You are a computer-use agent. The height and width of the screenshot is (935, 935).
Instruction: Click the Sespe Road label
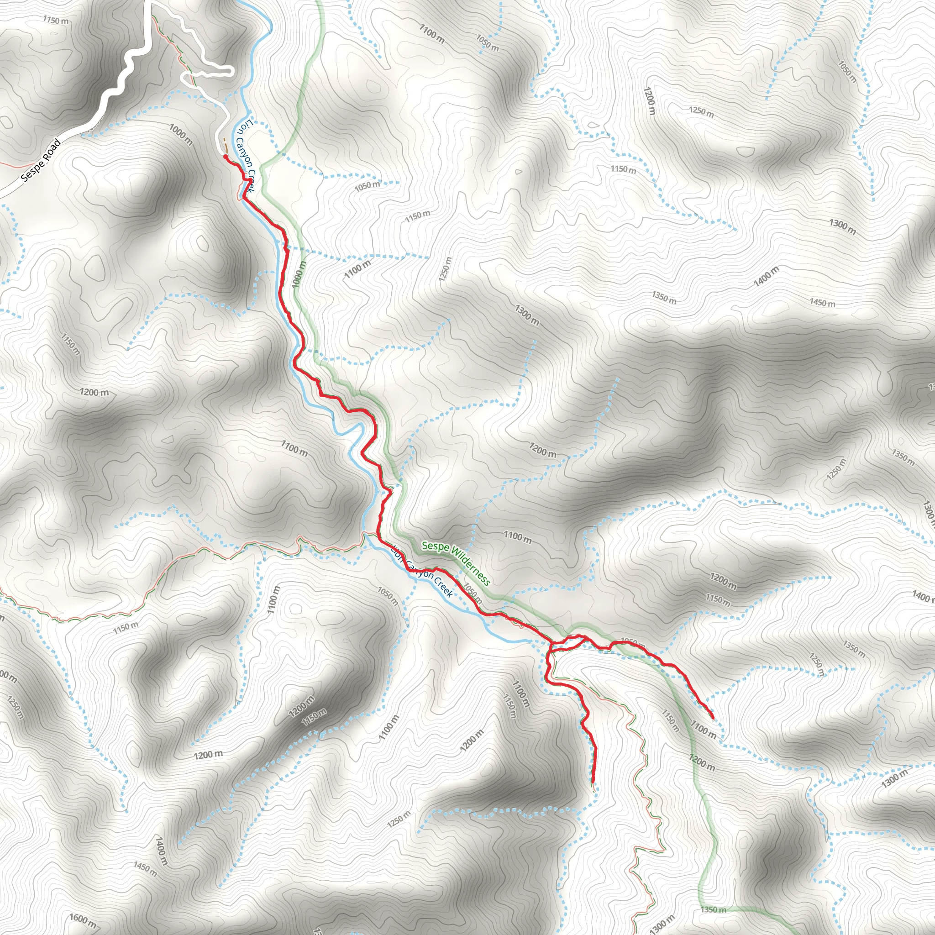[41, 160]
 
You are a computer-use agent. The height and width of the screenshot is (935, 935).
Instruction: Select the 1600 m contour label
[83, 919]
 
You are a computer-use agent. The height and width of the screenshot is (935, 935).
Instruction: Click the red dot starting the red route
[226, 156]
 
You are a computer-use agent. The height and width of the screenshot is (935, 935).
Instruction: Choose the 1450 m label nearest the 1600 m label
[145, 869]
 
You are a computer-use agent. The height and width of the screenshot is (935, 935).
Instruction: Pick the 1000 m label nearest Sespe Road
[181, 135]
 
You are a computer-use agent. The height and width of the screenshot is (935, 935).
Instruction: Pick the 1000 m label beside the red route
[299, 274]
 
